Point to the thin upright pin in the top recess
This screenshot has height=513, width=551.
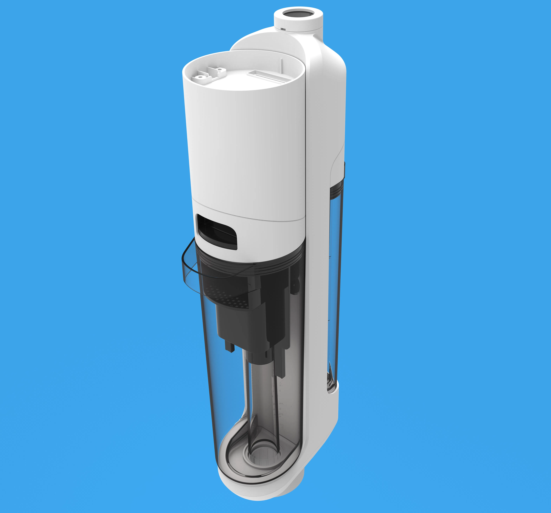click(x=282, y=67)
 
